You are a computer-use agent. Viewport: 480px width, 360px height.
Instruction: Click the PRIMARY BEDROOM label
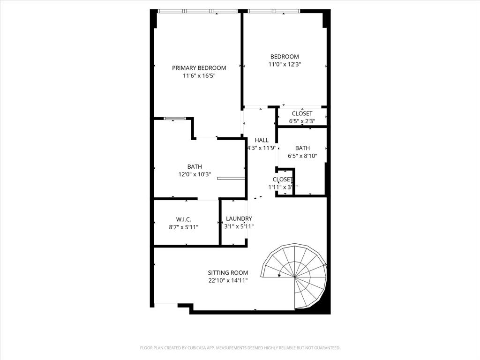[199, 67]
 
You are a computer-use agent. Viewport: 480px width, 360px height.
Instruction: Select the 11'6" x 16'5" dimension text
[199, 75]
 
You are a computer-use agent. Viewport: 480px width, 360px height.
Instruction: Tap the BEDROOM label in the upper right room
[284, 57]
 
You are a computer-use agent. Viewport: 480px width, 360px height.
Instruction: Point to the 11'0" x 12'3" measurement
[284, 65]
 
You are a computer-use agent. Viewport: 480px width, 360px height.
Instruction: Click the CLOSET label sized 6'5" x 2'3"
[302, 113]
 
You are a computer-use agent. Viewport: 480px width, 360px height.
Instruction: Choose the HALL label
[262, 140]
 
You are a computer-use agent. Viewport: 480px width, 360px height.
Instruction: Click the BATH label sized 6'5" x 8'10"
[302, 148]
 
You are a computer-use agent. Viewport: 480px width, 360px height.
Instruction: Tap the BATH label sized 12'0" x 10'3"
[195, 166]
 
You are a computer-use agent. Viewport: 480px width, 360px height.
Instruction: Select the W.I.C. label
[183, 219]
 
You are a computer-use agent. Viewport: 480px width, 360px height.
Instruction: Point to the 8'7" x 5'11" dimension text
[183, 227]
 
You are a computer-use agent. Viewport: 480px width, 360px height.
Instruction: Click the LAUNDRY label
[239, 218]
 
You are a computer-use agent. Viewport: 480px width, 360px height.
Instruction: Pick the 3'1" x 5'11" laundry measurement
[239, 226]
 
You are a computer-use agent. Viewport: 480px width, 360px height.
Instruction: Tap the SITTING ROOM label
[228, 273]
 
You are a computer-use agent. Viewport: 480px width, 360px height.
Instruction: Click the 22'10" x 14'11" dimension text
[228, 281]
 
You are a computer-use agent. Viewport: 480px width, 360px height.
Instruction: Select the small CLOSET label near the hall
[283, 180]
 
